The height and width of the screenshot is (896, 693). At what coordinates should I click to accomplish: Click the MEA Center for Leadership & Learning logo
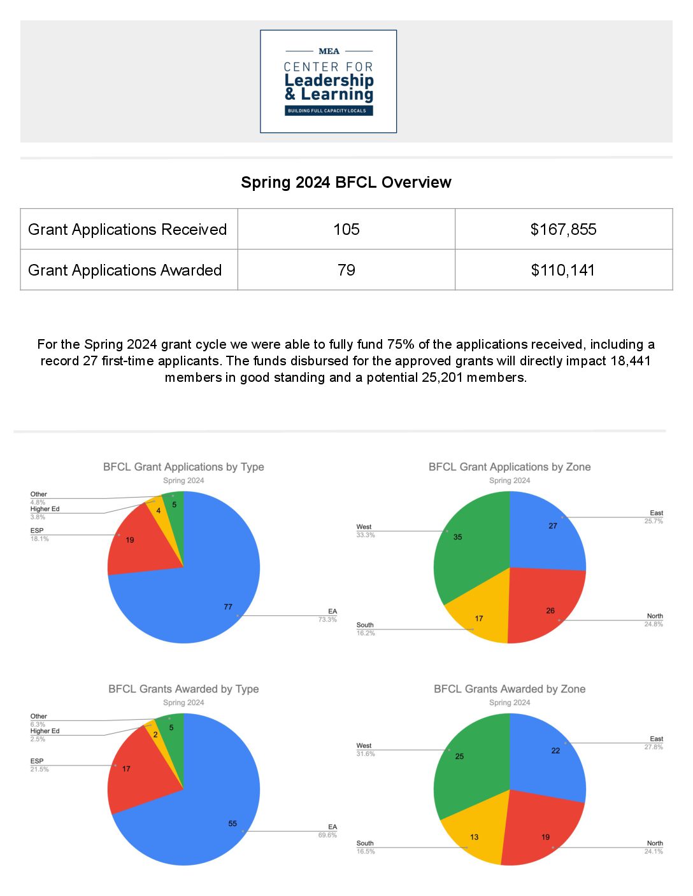pos(328,81)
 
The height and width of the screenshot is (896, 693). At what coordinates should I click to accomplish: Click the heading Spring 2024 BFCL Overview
pos(346,183)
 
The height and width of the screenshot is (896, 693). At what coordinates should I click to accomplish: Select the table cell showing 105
pos(346,229)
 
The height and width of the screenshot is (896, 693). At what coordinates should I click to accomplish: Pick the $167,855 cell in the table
pos(563,229)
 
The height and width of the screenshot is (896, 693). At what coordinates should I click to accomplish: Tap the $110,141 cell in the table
pos(563,270)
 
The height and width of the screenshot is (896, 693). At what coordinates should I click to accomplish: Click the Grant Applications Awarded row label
pos(125,270)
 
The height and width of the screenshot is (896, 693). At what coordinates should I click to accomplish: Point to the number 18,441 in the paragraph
pos(631,361)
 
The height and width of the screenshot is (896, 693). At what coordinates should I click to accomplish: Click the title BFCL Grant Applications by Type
pos(183,467)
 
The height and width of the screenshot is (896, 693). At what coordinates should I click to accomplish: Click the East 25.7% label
pos(654,517)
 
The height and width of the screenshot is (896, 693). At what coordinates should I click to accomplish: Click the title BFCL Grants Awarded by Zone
pos(510,689)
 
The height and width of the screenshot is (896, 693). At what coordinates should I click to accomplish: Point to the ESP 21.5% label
pos(39,765)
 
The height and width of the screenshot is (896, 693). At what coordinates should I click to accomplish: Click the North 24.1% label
pos(654,847)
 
